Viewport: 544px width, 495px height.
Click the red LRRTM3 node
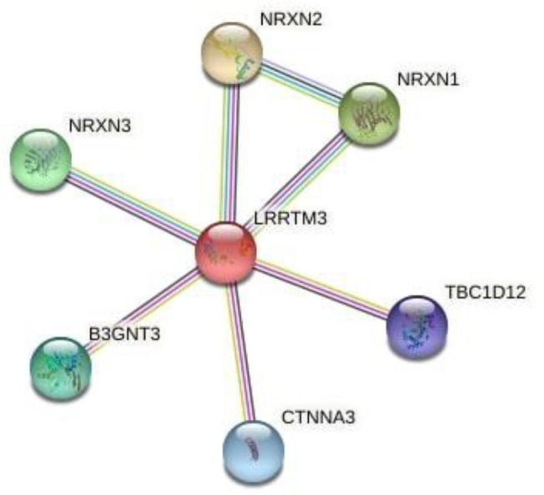click(225, 253)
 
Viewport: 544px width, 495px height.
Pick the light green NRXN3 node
click(39, 160)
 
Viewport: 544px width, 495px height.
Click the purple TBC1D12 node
click(417, 326)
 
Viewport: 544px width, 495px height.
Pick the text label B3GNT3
click(123, 335)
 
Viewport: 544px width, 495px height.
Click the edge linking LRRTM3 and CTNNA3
click(239, 351)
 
